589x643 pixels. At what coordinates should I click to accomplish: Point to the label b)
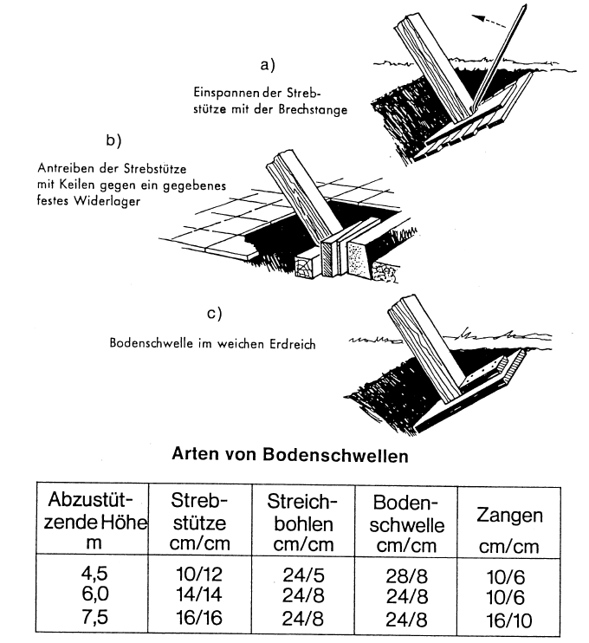tap(113, 140)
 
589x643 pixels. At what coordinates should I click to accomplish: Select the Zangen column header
tap(510, 517)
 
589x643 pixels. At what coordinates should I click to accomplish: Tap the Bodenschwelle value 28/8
tap(406, 574)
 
